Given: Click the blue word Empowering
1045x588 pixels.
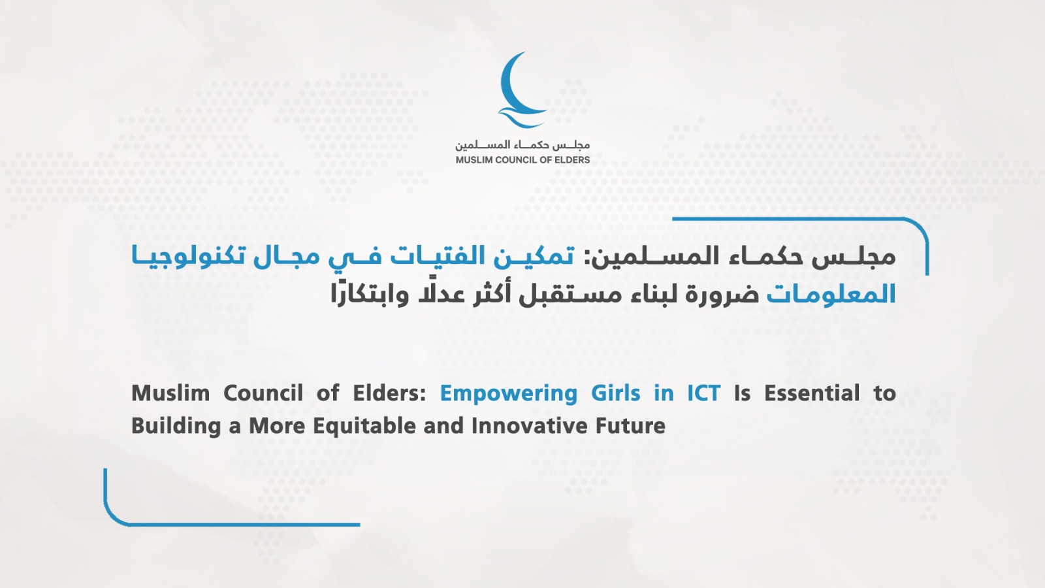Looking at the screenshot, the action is click(509, 393).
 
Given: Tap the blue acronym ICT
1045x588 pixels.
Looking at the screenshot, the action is click(704, 393).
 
